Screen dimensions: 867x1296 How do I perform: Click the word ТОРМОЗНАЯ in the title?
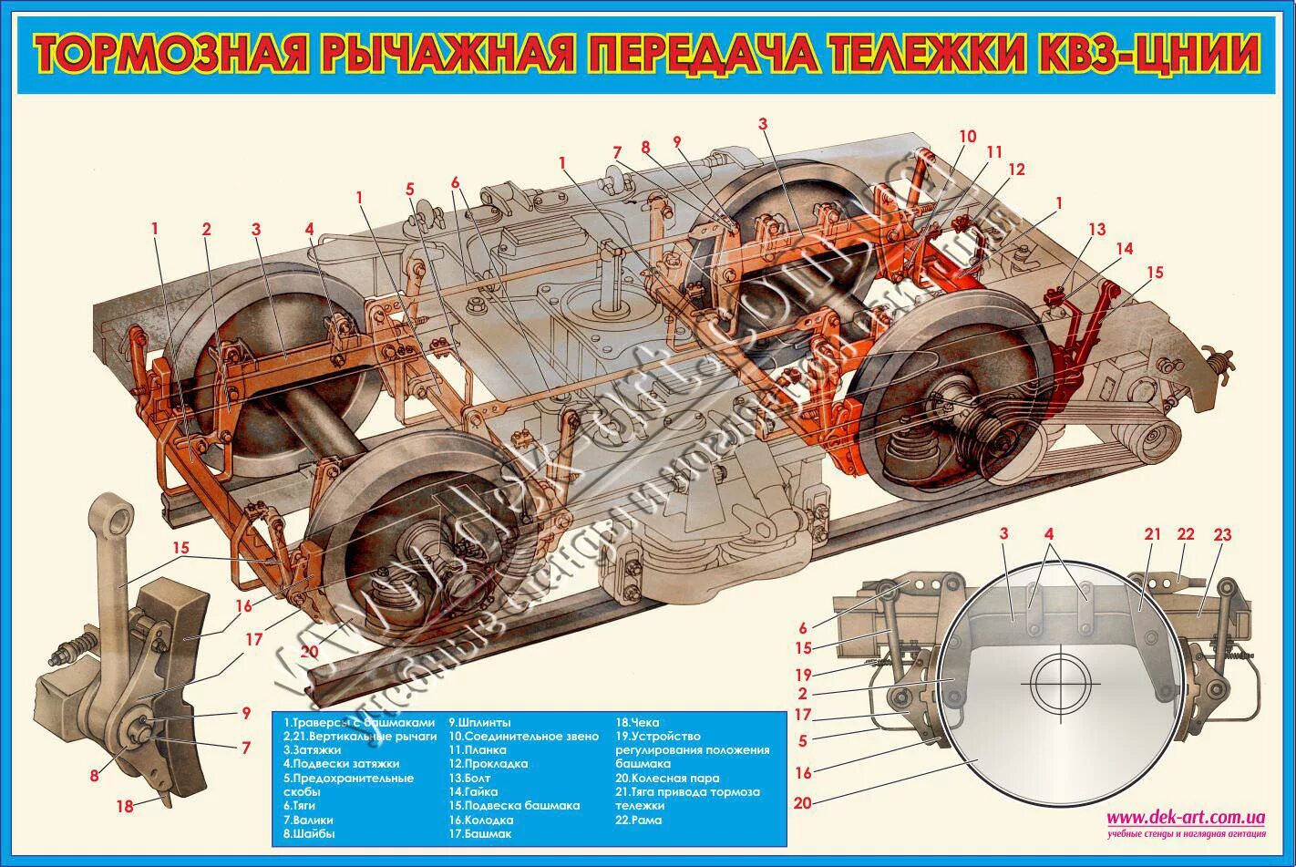coord(173,55)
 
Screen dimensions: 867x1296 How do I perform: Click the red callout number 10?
coord(967,137)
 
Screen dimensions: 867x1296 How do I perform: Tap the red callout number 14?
coord(1125,249)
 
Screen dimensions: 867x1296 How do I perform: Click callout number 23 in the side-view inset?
coord(1222,535)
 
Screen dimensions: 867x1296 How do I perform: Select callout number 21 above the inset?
coord(1153,535)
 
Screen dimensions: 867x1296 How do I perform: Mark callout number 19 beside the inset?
coord(802,676)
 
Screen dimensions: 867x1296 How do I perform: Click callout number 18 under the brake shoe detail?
coord(125,806)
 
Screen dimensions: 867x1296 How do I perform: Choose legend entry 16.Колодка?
coord(480,820)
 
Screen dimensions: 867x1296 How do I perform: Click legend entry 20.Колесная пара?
coord(667,779)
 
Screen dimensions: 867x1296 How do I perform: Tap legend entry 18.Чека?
coord(637,722)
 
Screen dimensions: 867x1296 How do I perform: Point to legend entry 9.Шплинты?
coord(479,722)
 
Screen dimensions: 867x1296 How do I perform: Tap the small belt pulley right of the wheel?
coord(1157,443)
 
